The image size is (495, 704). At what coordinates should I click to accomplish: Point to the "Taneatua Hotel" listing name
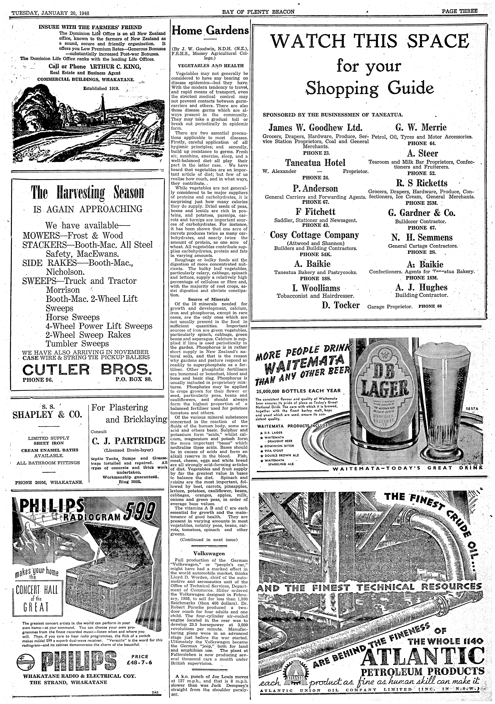click(x=315, y=163)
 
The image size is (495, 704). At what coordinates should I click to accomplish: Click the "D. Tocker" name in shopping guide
click(x=341, y=305)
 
